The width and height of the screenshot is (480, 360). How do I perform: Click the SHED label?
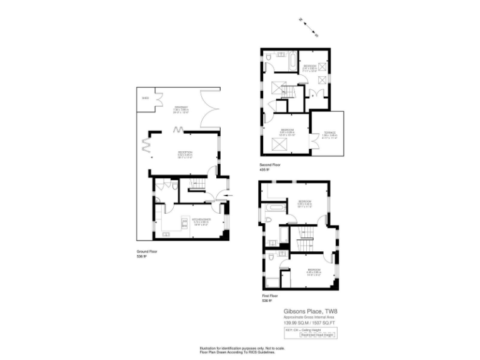click(x=146, y=98)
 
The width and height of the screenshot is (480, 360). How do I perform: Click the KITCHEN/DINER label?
click(x=201, y=220)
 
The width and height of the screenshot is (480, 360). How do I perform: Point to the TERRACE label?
click(x=330, y=134)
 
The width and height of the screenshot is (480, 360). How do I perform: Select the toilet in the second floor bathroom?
click(x=268, y=58)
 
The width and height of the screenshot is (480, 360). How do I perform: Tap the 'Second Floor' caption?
click(x=270, y=165)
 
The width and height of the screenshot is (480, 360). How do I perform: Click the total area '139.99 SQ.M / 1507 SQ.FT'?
click(x=310, y=322)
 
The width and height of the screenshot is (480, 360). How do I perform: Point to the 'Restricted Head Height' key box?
click(x=319, y=335)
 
